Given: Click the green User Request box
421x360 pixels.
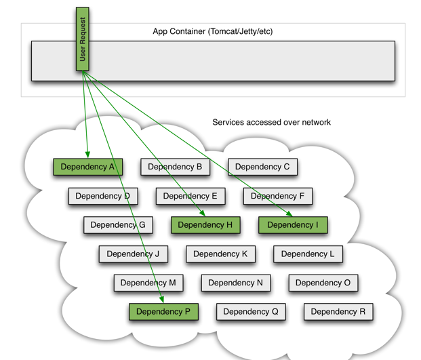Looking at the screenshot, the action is [83, 39].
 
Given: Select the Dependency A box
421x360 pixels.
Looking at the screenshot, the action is [88, 167].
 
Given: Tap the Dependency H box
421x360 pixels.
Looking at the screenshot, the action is [205, 225].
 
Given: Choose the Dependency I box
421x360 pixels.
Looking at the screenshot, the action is [293, 225].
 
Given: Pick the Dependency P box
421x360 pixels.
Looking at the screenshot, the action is [163, 312].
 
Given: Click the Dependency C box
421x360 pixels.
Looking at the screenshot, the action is [262, 167].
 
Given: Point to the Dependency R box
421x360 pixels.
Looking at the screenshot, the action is [338, 312].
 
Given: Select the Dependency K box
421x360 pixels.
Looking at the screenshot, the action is [220, 254].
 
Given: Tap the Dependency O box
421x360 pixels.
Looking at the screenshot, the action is [323, 283].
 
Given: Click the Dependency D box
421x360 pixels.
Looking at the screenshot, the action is [103, 196].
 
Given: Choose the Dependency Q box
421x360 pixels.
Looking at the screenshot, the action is [251, 312].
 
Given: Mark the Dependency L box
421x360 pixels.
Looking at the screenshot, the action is [308, 254].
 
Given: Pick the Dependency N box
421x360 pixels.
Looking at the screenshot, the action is [236, 283].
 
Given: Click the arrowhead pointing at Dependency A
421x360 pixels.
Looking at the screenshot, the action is [87, 155].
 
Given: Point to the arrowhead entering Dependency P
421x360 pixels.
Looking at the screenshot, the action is [161, 300].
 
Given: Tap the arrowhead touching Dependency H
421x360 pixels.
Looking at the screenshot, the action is [203, 214].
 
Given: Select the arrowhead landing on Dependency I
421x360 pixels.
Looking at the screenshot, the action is [289, 214].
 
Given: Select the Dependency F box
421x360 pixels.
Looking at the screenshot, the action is [278, 196].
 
